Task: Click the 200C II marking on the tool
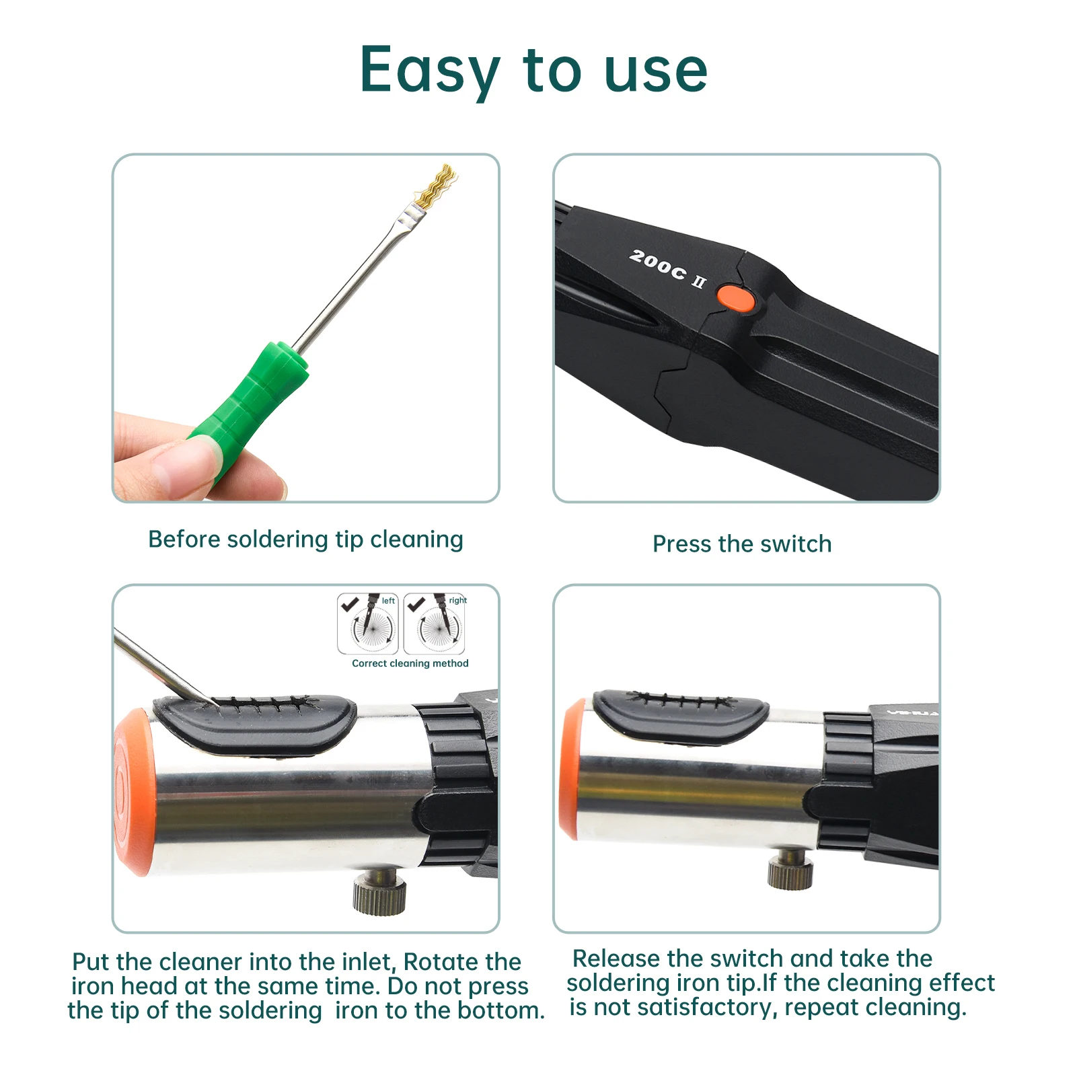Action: (x=667, y=268)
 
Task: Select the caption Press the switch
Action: (x=741, y=544)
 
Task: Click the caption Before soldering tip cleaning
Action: (x=305, y=540)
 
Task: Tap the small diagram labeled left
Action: (x=368, y=624)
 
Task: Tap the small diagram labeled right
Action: (x=435, y=624)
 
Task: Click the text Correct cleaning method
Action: (x=410, y=663)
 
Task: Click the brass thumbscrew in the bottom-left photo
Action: (x=379, y=891)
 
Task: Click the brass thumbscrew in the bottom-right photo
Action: (x=790, y=868)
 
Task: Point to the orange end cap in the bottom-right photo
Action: (x=570, y=768)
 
